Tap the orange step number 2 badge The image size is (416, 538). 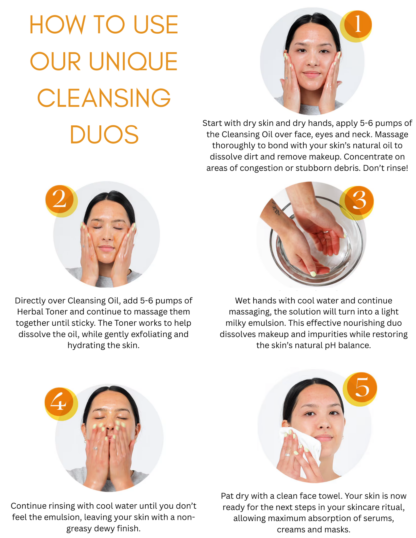(60, 200)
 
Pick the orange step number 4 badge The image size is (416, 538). (59, 403)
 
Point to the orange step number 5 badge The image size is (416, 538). (361, 388)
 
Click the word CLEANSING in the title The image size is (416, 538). (104, 98)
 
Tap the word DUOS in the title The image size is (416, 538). (104, 135)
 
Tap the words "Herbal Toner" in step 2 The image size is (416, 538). (42, 312)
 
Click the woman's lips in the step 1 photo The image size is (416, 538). (311, 74)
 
